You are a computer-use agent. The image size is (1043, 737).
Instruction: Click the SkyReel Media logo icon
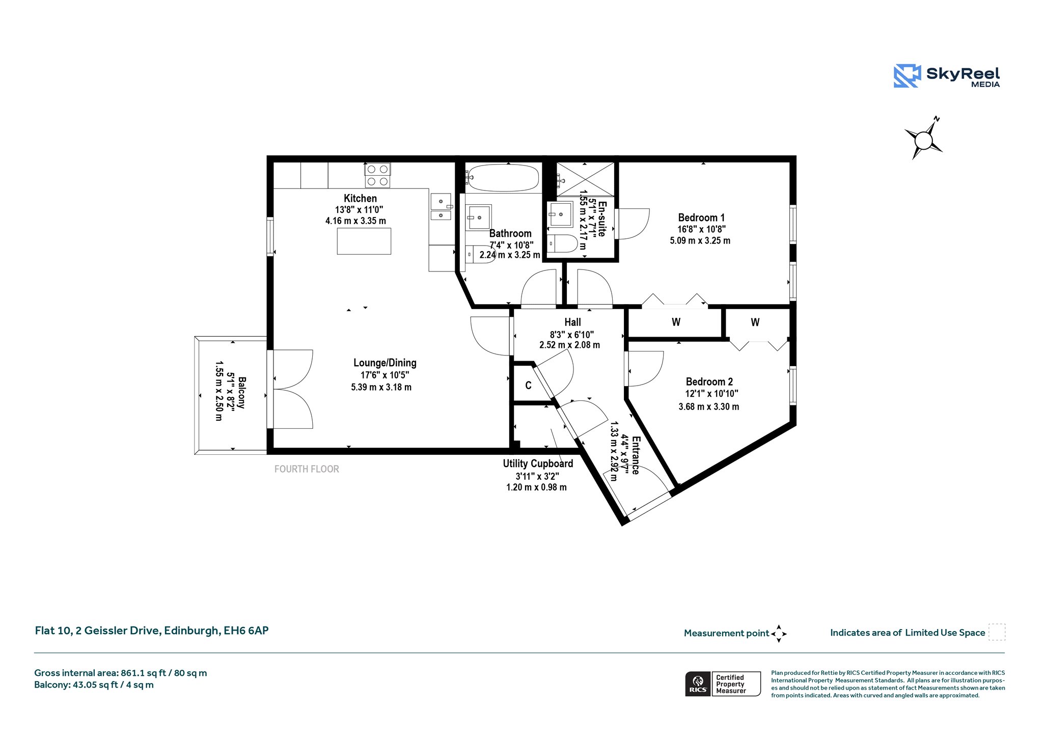[x=907, y=76]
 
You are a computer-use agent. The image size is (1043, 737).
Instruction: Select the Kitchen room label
[x=360, y=198]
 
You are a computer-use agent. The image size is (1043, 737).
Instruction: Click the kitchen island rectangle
[x=364, y=241]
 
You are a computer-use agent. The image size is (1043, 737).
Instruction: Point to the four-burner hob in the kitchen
[x=377, y=175]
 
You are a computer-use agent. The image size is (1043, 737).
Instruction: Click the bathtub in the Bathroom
[x=502, y=178]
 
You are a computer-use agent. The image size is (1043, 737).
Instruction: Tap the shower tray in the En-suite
[x=585, y=179]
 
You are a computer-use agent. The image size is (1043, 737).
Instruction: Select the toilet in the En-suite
[x=562, y=243]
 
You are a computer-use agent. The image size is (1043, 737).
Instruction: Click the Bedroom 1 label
[x=701, y=217]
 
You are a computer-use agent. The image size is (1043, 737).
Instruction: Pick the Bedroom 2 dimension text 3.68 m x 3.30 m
[x=708, y=406]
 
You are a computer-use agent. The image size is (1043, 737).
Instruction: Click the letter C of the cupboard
[x=528, y=386]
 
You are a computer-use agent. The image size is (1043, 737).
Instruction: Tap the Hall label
[x=572, y=322]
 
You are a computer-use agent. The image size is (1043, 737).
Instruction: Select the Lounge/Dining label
[x=385, y=363]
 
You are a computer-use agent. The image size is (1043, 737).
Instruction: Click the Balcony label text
[x=242, y=392]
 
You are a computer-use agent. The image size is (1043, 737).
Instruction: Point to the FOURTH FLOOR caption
[x=307, y=469]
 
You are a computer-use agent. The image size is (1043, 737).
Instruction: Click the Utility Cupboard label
[x=538, y=463]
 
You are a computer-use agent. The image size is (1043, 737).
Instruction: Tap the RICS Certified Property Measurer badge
[x=723, y=684]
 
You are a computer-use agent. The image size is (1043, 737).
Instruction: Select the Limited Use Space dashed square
[x=997, y=632]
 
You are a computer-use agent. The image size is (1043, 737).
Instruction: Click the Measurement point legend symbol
[x=779, y=634]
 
